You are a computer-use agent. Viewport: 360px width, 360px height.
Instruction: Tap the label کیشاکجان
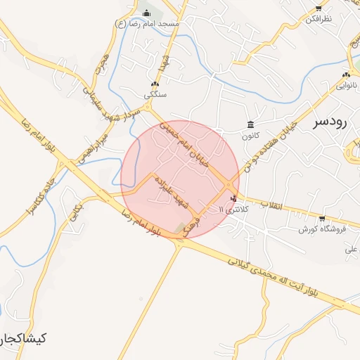coord(22,338)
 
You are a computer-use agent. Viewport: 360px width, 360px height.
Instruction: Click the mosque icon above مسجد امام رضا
coord(146,13)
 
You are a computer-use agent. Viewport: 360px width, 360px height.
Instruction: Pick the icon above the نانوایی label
coord(345,75)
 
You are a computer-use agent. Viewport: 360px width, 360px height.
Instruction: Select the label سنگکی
coord(155,94)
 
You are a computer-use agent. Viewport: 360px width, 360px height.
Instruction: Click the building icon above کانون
coord(250,124)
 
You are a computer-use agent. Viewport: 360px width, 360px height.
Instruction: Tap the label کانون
coord(250,135)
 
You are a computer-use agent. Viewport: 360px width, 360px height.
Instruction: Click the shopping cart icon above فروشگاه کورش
coord(322,219)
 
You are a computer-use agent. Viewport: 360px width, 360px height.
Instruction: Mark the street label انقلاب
coord(271,205)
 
